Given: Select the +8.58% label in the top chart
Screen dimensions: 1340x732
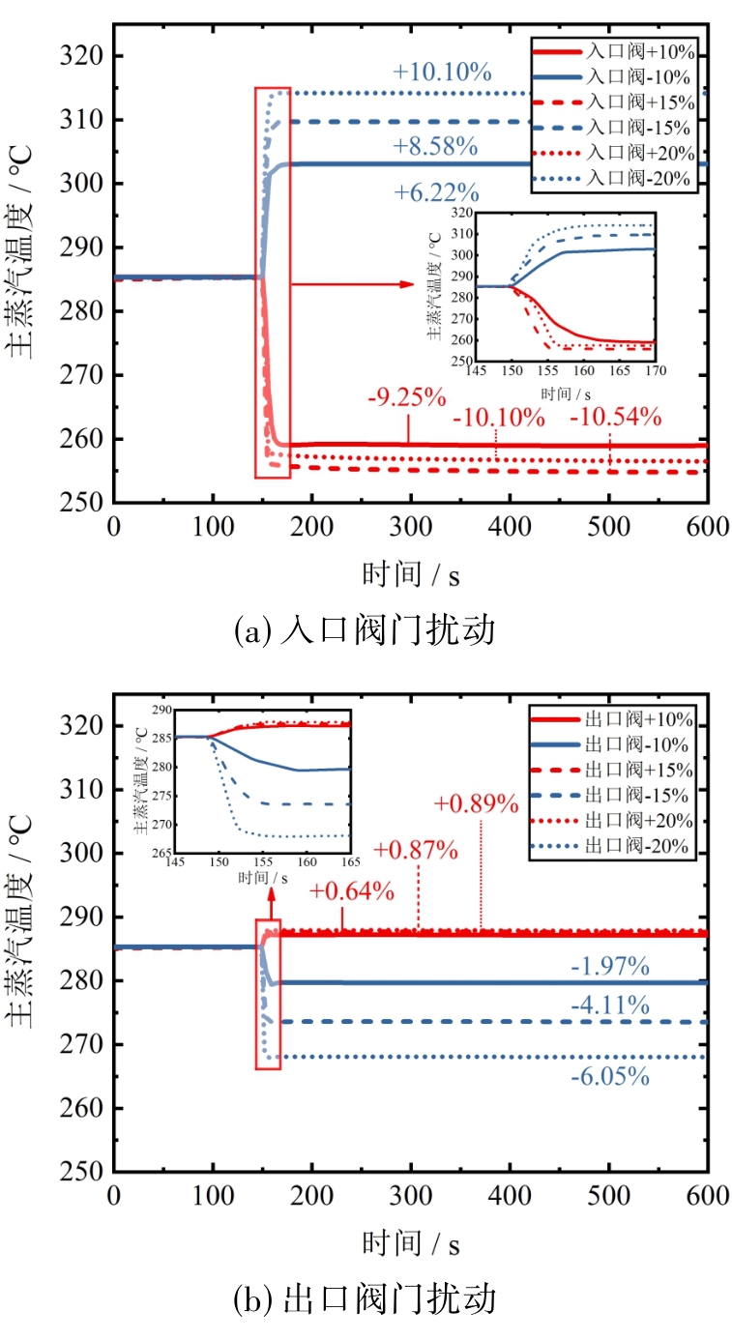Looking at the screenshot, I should [435, 147].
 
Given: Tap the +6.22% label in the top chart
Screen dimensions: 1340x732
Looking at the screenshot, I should [435, 193].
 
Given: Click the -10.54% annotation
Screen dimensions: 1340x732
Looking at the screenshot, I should [615, 418].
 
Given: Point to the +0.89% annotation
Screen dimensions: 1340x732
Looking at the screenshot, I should [477, 804].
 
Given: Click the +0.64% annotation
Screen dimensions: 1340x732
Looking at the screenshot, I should [352, 891].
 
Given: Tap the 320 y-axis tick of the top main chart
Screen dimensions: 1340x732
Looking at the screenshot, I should [86, 56].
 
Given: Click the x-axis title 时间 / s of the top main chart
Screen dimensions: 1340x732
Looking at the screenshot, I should [411, 573].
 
